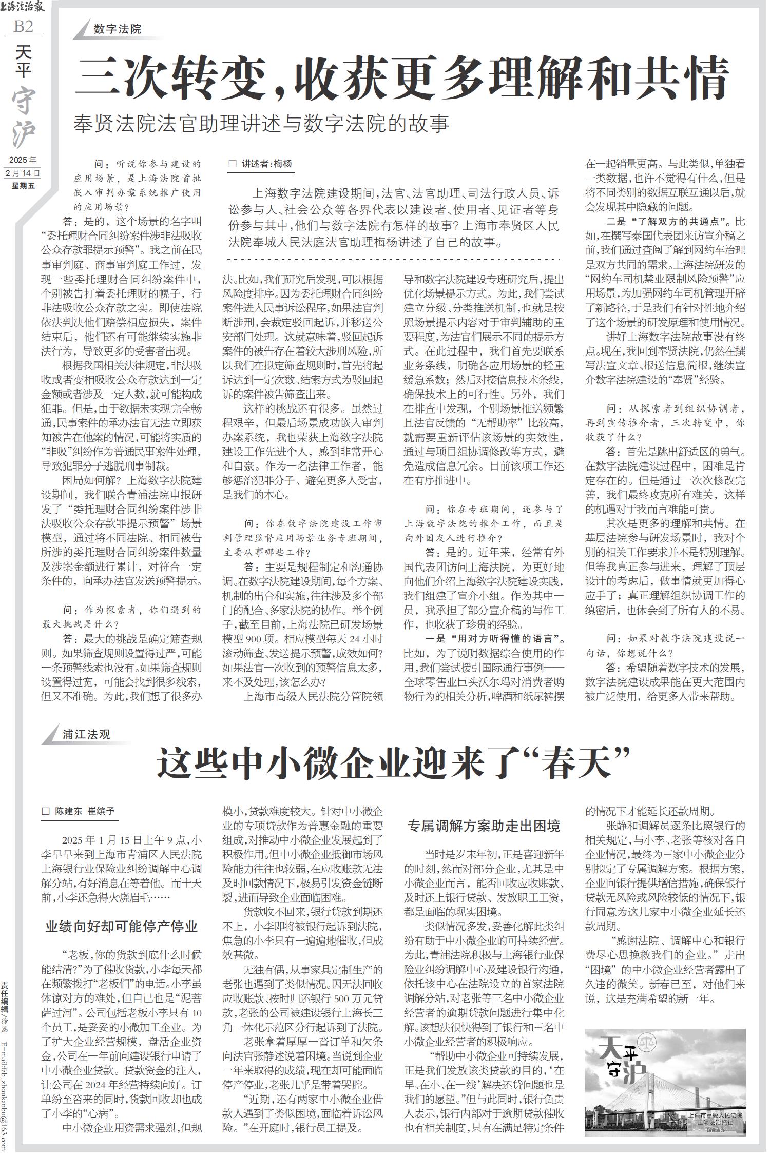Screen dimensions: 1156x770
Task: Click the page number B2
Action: [x=23, y=26]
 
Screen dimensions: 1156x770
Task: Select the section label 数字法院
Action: [x=118, y=29]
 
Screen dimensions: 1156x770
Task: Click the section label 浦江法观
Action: [x=87, y=734]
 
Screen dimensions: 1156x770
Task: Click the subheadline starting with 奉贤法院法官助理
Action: [x=261, y=124]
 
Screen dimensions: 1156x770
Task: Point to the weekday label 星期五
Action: [x=23, y=186]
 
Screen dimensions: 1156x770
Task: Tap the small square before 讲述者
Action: [x=232, y=164]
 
